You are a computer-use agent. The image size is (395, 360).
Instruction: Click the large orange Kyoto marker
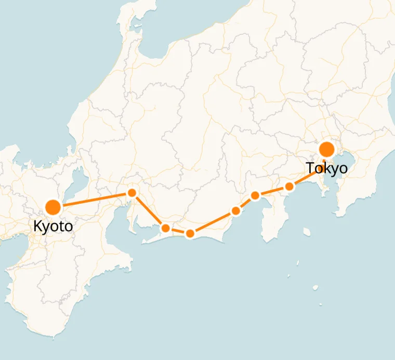click(53, 207)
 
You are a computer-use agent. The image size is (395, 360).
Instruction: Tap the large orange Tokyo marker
click(327, 150)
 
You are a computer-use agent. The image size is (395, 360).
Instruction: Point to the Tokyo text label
click(326, 168)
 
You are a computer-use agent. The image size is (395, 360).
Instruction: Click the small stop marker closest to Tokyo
click(289, 186)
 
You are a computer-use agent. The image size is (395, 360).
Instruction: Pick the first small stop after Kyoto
click(132, 193)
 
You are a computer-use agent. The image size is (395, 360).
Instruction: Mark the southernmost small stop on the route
click(190, 234)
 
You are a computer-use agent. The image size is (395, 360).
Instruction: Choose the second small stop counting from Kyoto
click(165, 228)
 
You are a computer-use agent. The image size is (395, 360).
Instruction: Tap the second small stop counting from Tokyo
click(255, 195)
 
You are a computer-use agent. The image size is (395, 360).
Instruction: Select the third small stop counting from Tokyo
click(236, 210)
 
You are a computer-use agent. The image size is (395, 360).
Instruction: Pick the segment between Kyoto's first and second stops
click(149, 210)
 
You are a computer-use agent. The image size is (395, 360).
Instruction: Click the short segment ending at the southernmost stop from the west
click(178, 231)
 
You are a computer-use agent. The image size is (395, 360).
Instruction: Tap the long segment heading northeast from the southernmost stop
click(213, 222)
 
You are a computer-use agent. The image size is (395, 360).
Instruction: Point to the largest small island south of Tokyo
click(315, 287)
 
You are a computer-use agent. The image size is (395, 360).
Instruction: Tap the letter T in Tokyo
click(310, 168)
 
